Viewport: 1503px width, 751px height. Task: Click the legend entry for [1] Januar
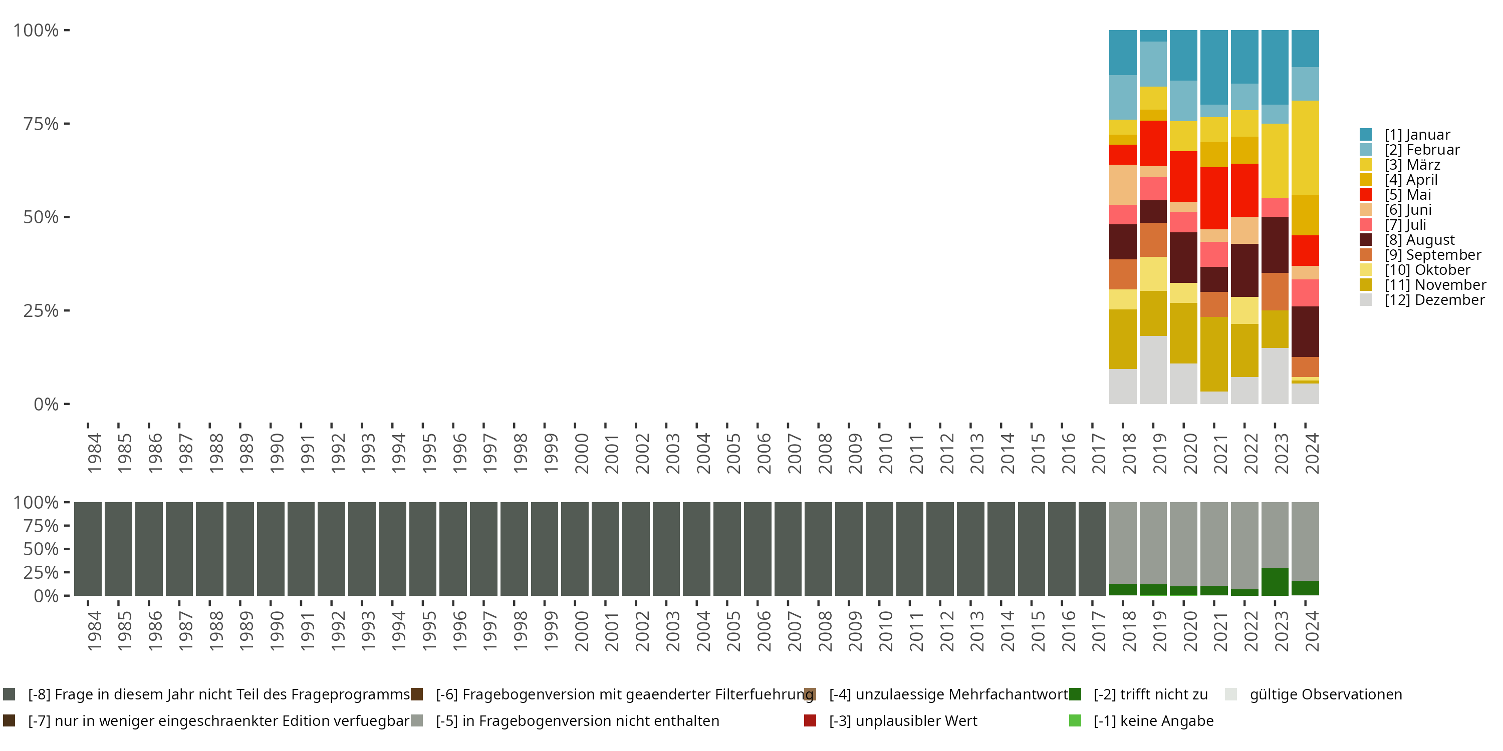pos(1417,135)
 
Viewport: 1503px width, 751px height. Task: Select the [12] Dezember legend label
pos(1434,300)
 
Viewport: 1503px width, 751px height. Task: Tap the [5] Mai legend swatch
pos(1365,195)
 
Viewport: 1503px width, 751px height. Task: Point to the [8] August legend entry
pos(1419,240)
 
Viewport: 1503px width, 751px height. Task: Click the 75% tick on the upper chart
pos(42,124)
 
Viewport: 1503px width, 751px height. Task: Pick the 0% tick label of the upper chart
pos(46,404)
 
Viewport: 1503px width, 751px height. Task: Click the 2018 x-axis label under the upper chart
pos(1128,453)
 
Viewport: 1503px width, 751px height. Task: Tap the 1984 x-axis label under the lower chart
pos(94,631)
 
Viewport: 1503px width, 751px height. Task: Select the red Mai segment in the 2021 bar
pos(1213,198)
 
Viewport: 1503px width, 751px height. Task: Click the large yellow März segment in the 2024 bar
pos(1305,148)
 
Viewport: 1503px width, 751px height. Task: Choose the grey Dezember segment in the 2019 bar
pos(1153,369)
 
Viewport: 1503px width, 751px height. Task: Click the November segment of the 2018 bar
pos(1123,339)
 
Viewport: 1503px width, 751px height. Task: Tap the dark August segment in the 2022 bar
pos(1244,270)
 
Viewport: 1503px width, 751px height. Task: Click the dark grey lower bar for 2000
pos(575,549)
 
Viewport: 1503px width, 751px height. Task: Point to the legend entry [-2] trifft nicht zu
pos(1150,694)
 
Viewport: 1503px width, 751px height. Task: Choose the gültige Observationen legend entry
pos(1325,694)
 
